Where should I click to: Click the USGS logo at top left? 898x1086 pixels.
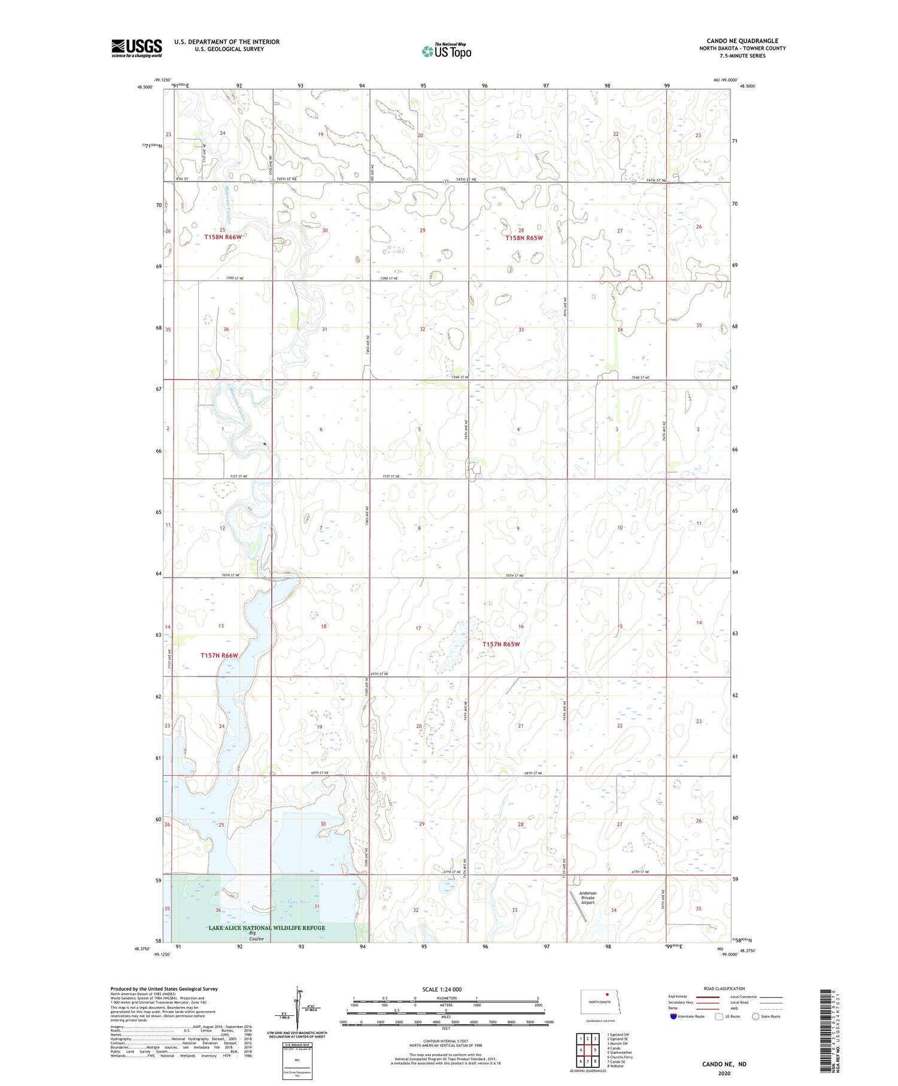click(x=136, y=48)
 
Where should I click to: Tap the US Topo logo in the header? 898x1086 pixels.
click(x=447, y=52)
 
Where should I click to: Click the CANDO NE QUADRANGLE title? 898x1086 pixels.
click(x=742, y=41)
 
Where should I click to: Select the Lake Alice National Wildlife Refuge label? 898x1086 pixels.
click(x=266, y=928)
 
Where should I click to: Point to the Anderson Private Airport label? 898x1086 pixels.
click(x=588, y=897)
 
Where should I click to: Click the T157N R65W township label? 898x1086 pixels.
click(x=501, y=644)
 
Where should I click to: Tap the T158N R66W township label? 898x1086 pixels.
click(x=223, y=237)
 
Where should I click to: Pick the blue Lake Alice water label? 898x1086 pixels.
click(x=299, y=902)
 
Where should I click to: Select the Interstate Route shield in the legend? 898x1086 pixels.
click(x=673, y=1016)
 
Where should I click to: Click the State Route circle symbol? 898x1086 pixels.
click(x=756, y=1016)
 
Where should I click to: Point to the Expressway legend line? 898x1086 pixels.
click(x=707, y=997)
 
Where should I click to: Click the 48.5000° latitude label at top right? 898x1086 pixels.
click(x=748, y=86)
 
